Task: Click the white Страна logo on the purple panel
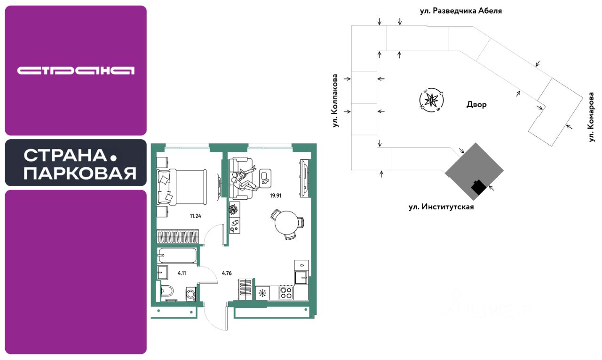tap(76, 70)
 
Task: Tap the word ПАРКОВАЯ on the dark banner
tap(80, 173)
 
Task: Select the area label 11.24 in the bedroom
tap(196, 217)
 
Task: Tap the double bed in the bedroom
tap(182, 187)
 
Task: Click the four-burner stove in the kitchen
tap(286, 293)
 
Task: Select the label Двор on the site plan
tap(477, 105)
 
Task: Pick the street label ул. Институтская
tap(441, 206)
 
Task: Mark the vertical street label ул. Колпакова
tap(335, 100)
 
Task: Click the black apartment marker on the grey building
tap(478, 187)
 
